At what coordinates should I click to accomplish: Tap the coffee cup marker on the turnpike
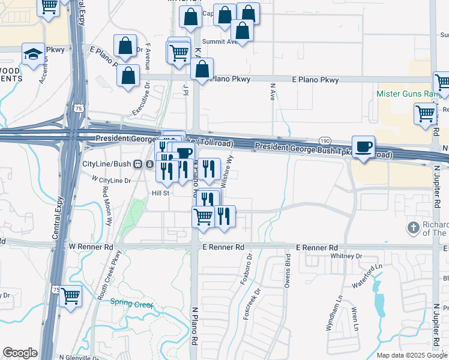click(363, 147)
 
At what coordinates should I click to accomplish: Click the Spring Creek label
click(132, 304)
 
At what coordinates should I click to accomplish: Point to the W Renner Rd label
click(91, 247)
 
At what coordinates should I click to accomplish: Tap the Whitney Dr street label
click(346, 256)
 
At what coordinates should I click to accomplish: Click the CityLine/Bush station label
click(106, 164)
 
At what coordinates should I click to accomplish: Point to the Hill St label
click(161, 193)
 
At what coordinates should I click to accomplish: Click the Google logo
click(20, 353)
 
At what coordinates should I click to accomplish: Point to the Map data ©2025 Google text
click(412, 355)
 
